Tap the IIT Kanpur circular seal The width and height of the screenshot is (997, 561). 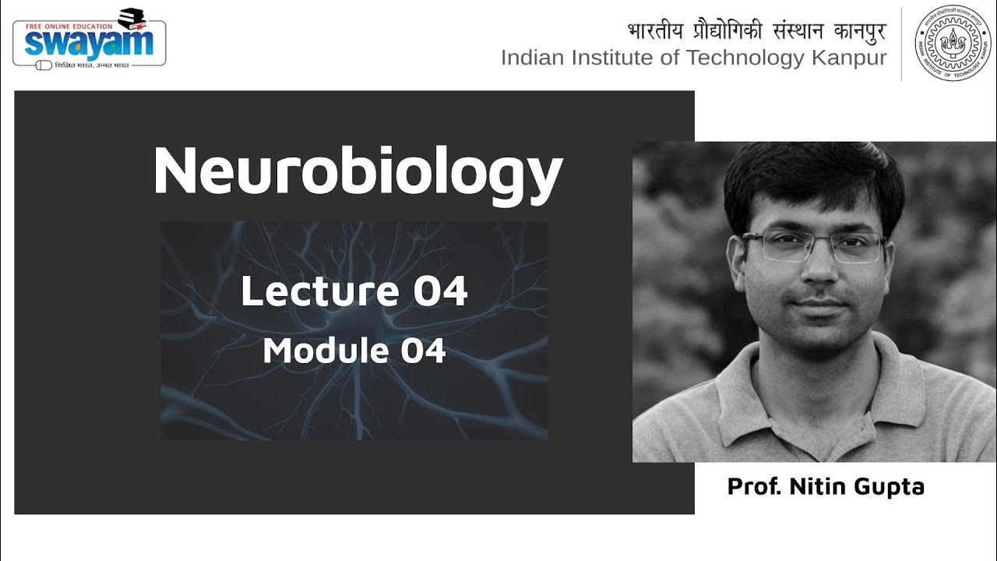coord(953,44)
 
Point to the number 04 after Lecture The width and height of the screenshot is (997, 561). coord(440,291)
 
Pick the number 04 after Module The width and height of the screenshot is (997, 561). coord(423,351)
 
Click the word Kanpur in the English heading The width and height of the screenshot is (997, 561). coord(848,58)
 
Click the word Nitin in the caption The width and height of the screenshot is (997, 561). coord(818,487)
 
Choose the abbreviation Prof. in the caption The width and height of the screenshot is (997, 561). coord(754,487)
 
